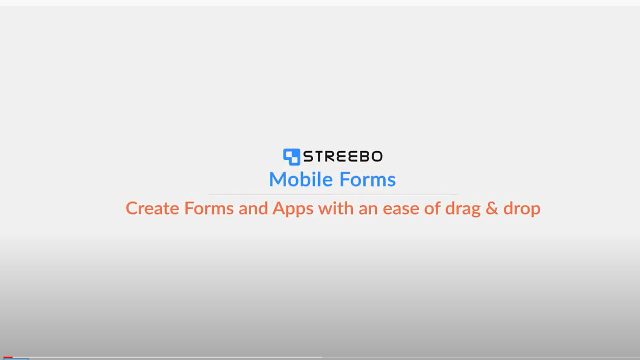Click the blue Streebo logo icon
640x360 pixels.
(x=291, y=157)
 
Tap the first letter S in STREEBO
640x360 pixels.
(x=309, y=156)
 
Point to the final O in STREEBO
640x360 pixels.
(x=377, y=156)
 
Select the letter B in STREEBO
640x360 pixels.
(x=364, y=156)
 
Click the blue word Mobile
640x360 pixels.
(x=301, y=179)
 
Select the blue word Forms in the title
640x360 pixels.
(x=368, y=179)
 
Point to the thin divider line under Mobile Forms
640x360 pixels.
(x=333, y=195)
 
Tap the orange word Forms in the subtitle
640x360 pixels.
(x=209, y=208)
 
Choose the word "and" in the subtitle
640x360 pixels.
(x=253, y=208)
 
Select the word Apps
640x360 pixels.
(x=293, y=209)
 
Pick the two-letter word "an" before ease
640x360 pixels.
(x=368, y=210)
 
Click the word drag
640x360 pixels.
(x=463, y=209)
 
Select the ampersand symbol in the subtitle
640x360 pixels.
(x=492, y=208)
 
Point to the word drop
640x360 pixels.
(x=522, y=209)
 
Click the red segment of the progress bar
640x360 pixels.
(x=8, y=357)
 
